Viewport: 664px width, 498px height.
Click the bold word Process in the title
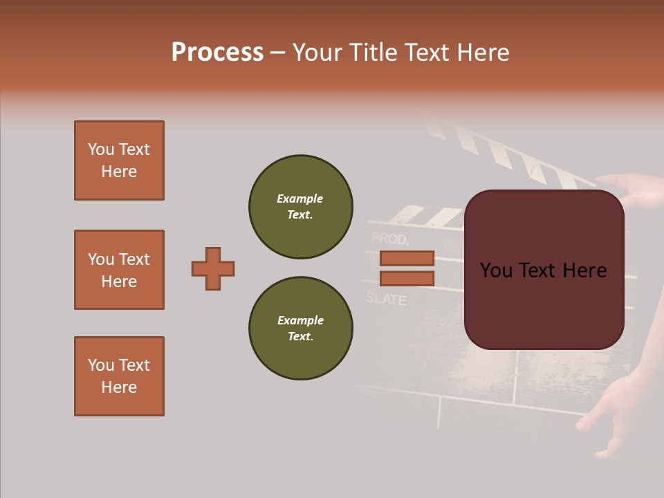click(x=217, y=53)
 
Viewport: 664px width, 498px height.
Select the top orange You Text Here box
click(x=119, y=160)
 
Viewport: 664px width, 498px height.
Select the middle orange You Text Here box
click(x=119, y=270)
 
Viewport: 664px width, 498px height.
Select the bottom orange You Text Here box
click(x=119, y=376)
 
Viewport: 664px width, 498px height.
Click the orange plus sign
click(x=213, y=268)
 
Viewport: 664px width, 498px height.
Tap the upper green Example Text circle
click(x=301, y=207)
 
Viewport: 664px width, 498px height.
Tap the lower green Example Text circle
click(x=301, y=329)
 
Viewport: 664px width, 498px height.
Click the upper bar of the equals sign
click(x=407, y=258)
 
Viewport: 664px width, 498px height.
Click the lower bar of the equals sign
click(x=407, y=278)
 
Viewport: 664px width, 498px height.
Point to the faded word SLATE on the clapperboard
click(x=386, y=299)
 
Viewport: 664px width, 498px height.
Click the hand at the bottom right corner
click(x=616, y=415)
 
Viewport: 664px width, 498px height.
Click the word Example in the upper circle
click(x=300, y=199)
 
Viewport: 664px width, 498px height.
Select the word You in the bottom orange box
click(x=100, y=365)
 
